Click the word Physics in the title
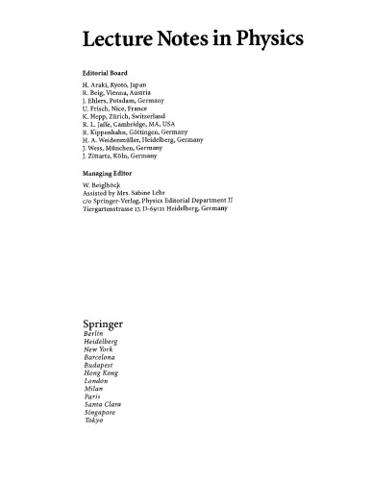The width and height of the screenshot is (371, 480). coord(267,38)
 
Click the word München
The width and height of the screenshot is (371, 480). coord(131,157)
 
